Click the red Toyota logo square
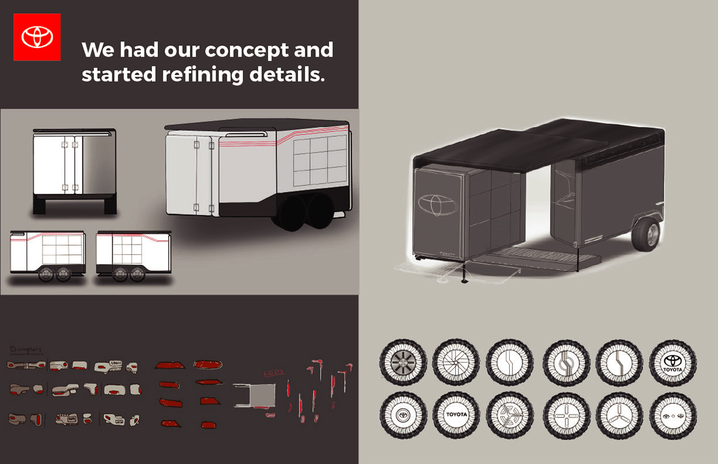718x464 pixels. tap(37, 37)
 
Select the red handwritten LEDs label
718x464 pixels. tap(273, 374)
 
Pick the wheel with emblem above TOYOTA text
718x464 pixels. tap(673, 364)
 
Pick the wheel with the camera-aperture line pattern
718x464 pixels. tap(456, 364)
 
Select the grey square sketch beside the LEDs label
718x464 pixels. tap(254, 397)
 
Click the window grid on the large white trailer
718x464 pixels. tap(320, 160)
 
